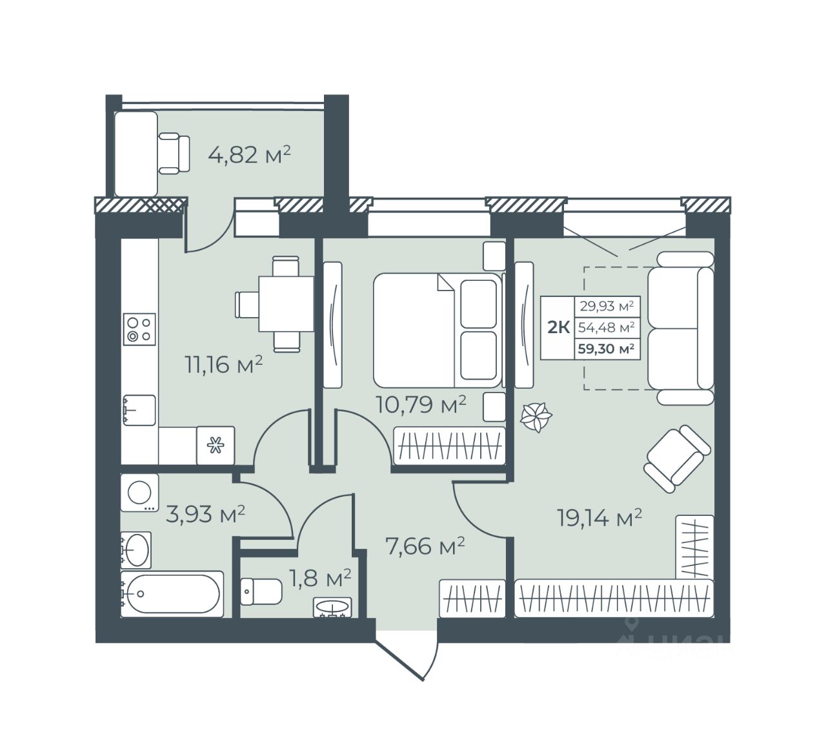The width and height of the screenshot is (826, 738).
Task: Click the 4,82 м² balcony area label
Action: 249,155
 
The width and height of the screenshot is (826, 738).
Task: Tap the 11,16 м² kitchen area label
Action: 224,364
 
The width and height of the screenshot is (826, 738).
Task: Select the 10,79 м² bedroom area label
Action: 421,404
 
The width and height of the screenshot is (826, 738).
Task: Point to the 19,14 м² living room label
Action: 599,518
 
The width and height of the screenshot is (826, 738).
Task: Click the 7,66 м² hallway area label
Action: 425,546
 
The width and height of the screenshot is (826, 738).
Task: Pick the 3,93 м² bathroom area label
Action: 205,515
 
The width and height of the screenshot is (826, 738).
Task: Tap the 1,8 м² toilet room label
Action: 320,578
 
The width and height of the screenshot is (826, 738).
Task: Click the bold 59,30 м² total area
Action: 606,349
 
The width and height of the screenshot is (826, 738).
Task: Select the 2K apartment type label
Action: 558,327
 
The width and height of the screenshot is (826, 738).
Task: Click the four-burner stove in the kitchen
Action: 139,329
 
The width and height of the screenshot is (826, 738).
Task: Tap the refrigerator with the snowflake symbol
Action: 216,445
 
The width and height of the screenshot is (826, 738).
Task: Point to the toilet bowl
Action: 261,591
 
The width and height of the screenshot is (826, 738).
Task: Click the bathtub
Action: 172,593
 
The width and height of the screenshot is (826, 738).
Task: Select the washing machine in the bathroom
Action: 139,493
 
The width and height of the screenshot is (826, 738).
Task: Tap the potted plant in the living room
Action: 536,417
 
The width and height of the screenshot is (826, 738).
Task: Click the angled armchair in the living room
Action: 677,458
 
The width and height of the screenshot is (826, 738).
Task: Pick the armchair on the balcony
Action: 174,153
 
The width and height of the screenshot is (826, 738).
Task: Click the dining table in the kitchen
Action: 286,304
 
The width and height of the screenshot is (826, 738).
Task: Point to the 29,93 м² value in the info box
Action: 607,306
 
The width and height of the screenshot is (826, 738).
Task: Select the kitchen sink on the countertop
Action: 139,410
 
